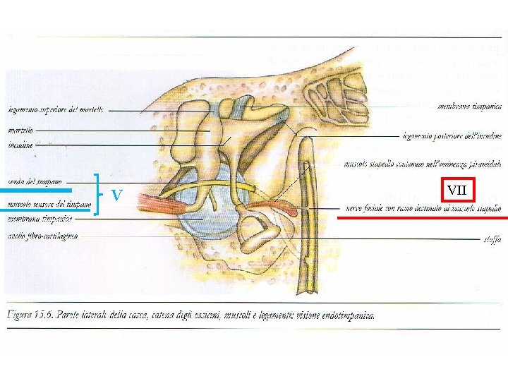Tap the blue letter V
point(118,194)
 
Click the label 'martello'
point(20,131)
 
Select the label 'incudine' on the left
point(21,145)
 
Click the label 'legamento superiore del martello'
point(56,110)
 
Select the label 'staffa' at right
point(492,240)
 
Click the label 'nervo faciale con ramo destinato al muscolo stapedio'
point(423,209)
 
